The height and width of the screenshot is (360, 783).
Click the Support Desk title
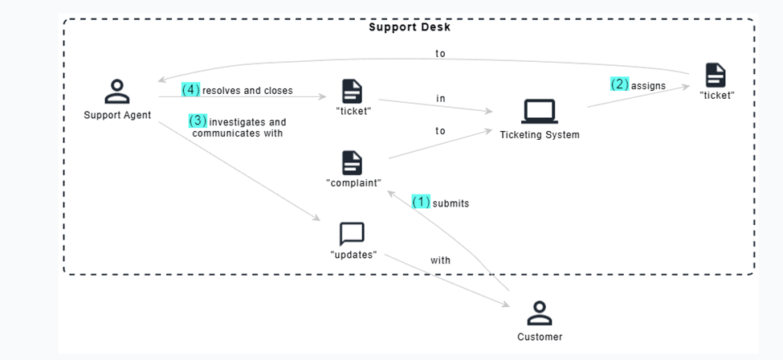(x=410, y=27)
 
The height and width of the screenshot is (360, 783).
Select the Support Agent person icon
(x=117, y=92)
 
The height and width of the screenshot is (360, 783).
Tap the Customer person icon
(x=539, y=313)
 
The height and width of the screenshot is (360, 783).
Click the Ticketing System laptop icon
(x=539, y=111)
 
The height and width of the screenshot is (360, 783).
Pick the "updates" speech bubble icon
(x=352, y=234)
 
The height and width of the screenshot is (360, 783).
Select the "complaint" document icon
(x=352, y=162)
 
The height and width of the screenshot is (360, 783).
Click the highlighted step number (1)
(x=421, y=202)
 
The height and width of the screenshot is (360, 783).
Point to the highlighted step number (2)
(x=619, y=84)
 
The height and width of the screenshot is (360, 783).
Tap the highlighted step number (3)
(x=198, y=121)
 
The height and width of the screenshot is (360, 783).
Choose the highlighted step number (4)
(x=190, y=90)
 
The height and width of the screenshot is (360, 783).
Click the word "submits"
(x=451, y=203)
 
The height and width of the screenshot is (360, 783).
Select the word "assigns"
(x=648, y=85)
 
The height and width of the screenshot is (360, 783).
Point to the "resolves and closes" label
(x=247, y=91)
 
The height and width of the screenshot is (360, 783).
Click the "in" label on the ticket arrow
(x=441, y=99)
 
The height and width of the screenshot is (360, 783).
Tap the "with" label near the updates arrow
(x=440, y=260)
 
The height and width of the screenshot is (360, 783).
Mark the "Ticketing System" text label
(x=539, y=135)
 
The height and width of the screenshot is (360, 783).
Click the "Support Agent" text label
(x=117, y=116)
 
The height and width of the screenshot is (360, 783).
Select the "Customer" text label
(x=540, y=337)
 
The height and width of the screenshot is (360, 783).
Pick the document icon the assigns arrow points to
(x=716, y=75)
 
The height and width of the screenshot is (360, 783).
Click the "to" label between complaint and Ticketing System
(x=440, y=131)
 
